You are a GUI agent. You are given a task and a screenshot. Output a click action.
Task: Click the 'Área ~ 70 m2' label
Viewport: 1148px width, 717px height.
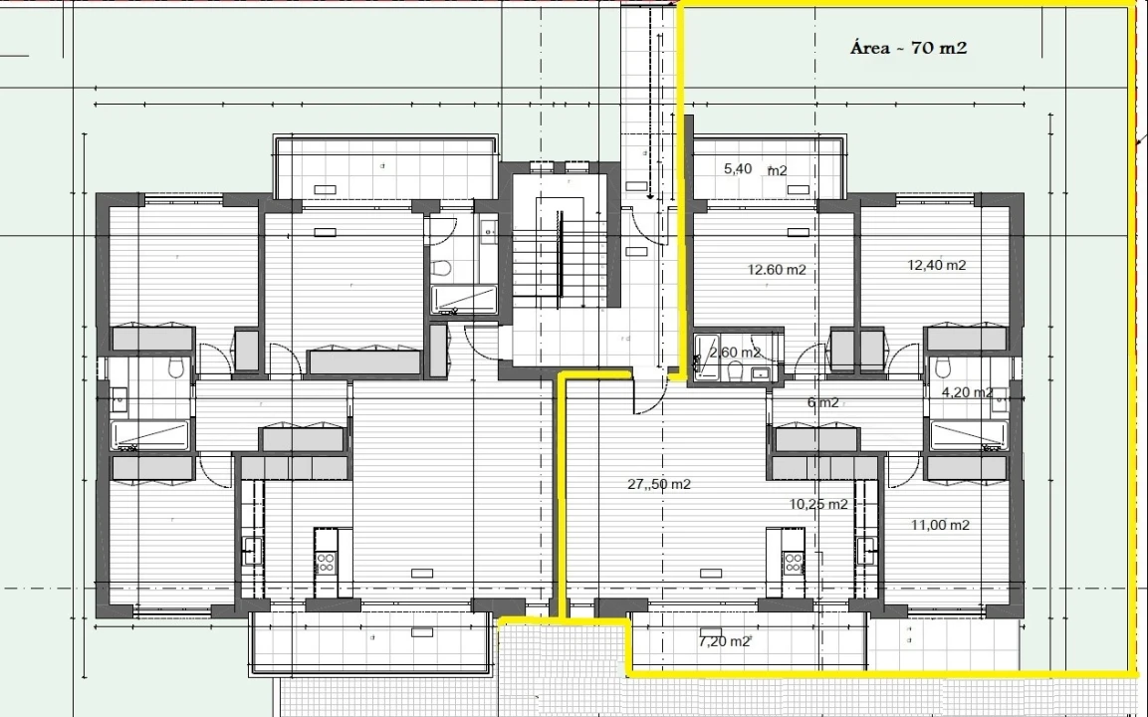[909, 49]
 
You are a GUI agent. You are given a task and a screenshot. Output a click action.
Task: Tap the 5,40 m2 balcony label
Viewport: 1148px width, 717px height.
[755, 169]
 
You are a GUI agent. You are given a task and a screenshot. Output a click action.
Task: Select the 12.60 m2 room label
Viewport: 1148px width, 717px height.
[776, 270]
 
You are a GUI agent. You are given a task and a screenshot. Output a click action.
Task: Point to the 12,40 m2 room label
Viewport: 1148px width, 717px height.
[936, 265]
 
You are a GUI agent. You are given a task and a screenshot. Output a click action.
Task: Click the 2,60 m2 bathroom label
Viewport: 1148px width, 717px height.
[735, 353]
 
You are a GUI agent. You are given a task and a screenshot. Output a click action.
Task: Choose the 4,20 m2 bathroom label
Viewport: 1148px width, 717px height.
[967, 391]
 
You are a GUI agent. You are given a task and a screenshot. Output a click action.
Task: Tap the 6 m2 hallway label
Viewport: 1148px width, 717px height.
[823, 402]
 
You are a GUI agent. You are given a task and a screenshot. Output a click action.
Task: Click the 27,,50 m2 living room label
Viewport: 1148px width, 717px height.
[659, 484]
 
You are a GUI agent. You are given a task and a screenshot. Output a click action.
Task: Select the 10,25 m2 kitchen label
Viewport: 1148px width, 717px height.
[818, 504]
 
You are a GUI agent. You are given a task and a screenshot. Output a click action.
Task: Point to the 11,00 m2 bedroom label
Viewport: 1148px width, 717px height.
[940, 525]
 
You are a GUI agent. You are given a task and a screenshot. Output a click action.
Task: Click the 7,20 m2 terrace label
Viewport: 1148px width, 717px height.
[724, 641]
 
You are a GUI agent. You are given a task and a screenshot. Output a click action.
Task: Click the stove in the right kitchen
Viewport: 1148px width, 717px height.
[793, 563]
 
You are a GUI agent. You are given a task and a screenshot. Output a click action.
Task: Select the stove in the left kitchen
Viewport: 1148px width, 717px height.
[326, 563]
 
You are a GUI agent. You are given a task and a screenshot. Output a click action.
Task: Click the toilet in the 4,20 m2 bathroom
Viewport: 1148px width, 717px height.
[944, 366]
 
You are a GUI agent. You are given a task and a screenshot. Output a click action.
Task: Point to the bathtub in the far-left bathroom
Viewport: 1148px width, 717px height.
[151, 435]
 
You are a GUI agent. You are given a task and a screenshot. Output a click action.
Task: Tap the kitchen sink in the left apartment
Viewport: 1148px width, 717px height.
[251, 546]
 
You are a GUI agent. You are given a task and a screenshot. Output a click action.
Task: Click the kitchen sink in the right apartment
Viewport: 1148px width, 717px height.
[867, 546]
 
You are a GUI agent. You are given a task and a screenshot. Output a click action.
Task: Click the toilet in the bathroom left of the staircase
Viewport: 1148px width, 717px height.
[441, 268]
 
